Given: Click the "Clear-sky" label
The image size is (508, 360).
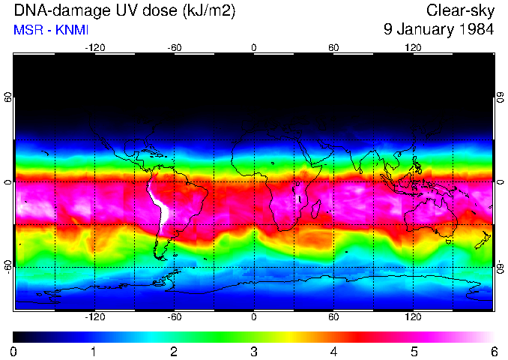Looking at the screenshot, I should tap(460, 11).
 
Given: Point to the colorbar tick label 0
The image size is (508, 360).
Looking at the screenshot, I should tap(14, 351).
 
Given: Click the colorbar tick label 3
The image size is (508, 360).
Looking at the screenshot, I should tap(253, 351).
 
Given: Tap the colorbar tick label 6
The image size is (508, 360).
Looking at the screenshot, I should tap(493, 351).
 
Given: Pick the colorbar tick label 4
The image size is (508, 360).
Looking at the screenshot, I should tap(333, 351).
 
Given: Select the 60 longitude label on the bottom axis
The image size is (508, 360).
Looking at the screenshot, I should tap(333, 316).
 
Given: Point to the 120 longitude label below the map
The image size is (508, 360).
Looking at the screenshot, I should tap(414, 316).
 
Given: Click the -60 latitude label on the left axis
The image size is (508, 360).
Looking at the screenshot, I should tap(8, 267).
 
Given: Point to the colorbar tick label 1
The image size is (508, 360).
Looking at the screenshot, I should tap(94, 351).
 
